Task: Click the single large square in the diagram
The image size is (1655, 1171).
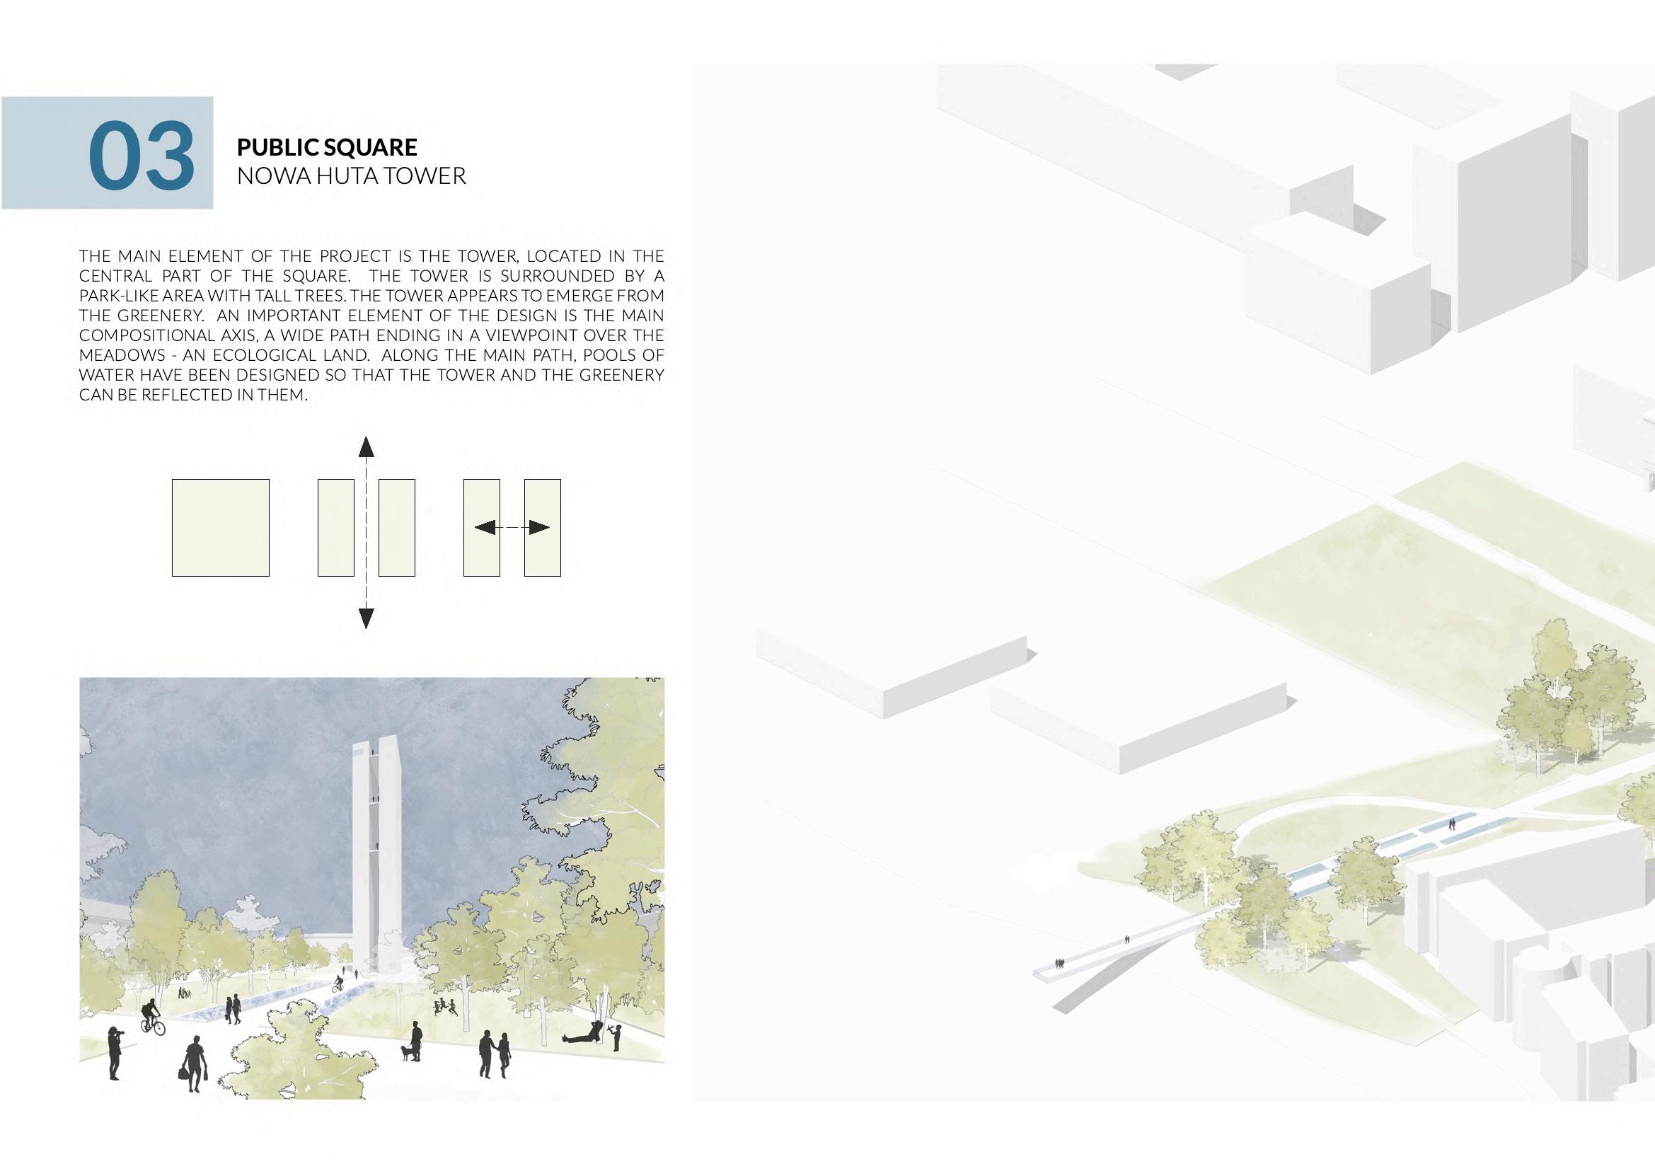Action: coord(220,528)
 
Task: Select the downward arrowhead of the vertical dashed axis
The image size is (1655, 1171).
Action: coord(367,618)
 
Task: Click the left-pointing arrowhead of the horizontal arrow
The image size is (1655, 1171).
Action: coord(485,528)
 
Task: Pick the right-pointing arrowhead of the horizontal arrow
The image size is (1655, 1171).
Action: coord(538,528)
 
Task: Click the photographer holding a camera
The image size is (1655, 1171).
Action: coord(115,1054)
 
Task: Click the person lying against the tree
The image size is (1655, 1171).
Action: coord(582,1035)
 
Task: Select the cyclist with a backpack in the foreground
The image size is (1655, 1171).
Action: coord(151,1017)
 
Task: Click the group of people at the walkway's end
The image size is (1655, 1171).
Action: coord(1060,962)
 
